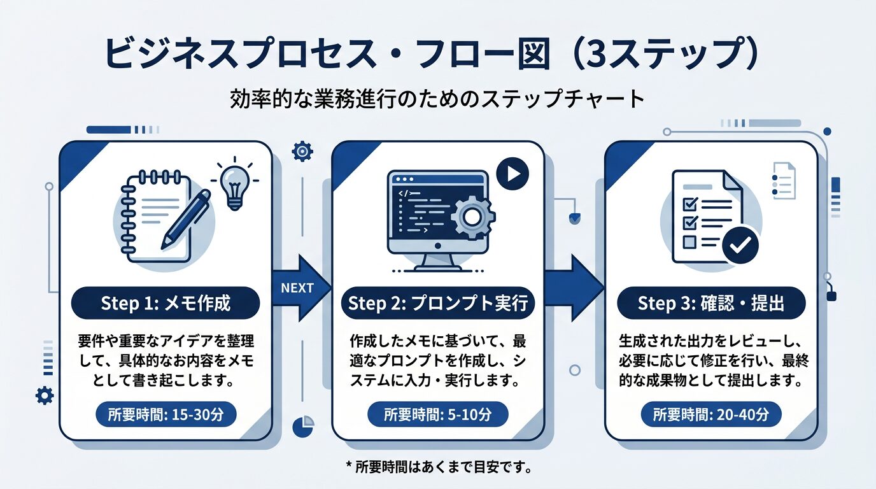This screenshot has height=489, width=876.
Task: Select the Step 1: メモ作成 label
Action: click(x=166, y=304)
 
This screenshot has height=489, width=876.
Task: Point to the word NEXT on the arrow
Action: click(x=297, y=288)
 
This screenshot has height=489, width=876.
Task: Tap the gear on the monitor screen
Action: click(x=472, y=217)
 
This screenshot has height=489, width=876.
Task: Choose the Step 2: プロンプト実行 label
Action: click(x=438, y=304)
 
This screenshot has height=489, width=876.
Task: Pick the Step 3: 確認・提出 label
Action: click(x=711, y=304)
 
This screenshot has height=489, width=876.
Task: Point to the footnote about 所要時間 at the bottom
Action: click(x=438, y=467)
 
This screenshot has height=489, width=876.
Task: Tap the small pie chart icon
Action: click(x=302, y=425)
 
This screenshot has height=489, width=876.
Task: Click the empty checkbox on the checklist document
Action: click(x=688, y=242)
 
